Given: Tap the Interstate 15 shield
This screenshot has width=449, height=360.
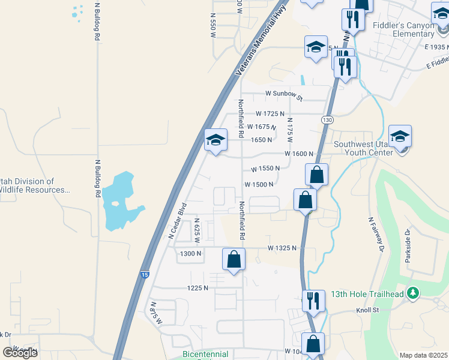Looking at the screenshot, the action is tap(145, 275).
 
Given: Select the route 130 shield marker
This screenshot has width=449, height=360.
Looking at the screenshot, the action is tap(326, 120).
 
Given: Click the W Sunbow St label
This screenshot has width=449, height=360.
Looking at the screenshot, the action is tap(285, 94).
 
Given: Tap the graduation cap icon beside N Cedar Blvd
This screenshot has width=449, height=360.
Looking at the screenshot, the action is tap(215, 141).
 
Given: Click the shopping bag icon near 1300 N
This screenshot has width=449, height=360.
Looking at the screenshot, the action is tap(234, 260).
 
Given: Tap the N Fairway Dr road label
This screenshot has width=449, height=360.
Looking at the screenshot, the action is tap(376, 233).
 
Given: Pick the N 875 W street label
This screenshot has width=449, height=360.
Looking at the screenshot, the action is tap(156, 314).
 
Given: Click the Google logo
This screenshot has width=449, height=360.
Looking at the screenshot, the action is tap(20, 352).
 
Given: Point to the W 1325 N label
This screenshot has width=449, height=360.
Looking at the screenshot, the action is tap(283, 248).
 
